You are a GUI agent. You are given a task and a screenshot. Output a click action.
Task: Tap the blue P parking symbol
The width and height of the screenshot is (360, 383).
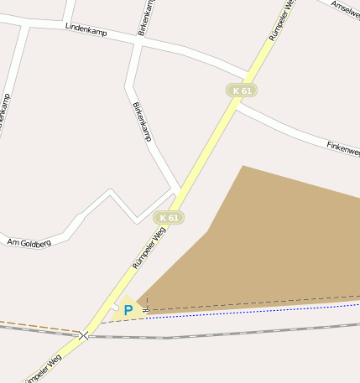pos(128,310)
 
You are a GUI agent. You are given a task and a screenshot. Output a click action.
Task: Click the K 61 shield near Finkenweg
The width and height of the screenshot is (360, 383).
pos(242,91)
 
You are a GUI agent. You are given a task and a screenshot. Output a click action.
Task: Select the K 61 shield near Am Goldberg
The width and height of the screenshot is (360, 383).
pos(169,218)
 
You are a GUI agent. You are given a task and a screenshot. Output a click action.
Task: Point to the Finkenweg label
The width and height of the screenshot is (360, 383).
pos(343,148)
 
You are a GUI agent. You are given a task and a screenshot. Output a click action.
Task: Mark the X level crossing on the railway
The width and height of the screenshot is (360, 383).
pos(84,335)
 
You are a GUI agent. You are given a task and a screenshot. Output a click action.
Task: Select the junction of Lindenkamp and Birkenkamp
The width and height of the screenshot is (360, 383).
pos(137,39)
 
